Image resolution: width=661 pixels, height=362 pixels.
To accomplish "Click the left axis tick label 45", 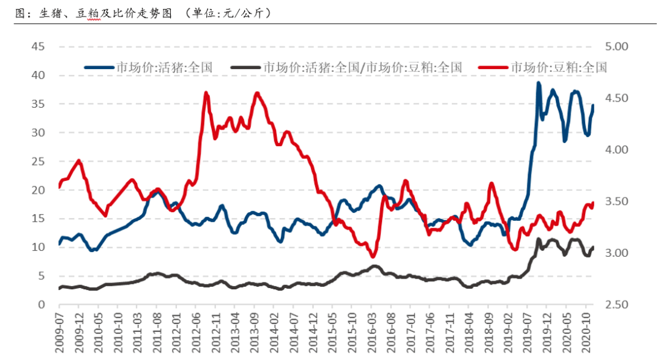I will point(37,46).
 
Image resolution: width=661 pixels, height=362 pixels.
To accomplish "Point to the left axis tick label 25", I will point(37,161).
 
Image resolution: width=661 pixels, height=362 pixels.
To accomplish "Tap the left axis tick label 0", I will point(41,305).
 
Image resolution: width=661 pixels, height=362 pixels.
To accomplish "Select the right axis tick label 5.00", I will point(618,46).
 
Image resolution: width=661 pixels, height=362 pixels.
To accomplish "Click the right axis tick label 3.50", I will point(618,202).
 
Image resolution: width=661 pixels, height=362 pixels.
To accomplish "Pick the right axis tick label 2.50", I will point(618,305).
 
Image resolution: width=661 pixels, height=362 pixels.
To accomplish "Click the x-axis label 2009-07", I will point(59,334).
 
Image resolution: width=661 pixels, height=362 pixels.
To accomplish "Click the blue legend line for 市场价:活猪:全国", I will point(99,67).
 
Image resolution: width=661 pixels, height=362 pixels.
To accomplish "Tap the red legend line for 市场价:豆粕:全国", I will point(493,67).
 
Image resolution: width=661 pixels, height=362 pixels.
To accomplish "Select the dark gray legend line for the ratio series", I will point(246,67).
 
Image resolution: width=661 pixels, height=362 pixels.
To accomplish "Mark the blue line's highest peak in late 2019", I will point(539,83).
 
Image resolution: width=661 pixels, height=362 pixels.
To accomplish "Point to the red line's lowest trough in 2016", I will point(373,256).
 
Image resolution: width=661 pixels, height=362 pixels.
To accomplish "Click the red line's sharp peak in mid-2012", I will point(206,93).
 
